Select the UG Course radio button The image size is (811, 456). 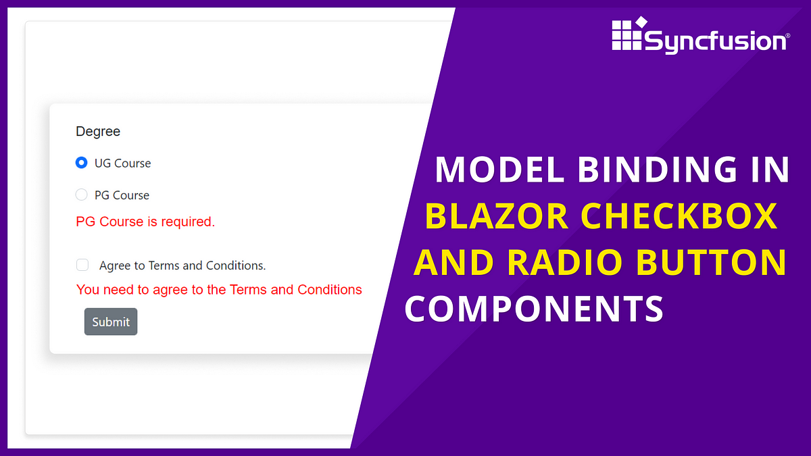pos(81,163)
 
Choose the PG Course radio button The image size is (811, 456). pos(81,195)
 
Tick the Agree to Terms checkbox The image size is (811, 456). pos(82,265)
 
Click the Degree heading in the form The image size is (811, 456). pos(98,131)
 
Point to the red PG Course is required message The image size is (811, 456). pos(145,222)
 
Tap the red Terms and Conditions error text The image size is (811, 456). pos(219,290)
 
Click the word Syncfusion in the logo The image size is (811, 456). pos(716,41)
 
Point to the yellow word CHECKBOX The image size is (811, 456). pos(679,216)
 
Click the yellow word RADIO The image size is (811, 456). pos(565,262)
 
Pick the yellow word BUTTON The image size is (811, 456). pos(711,262)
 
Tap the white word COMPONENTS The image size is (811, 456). pos(534,308)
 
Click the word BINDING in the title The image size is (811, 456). pos(657,169)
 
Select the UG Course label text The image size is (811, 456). pos(122,163)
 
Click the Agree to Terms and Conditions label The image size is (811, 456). pos(182,265)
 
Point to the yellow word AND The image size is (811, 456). pos(453,262)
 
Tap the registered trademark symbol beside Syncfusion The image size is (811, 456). pos(788,35)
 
